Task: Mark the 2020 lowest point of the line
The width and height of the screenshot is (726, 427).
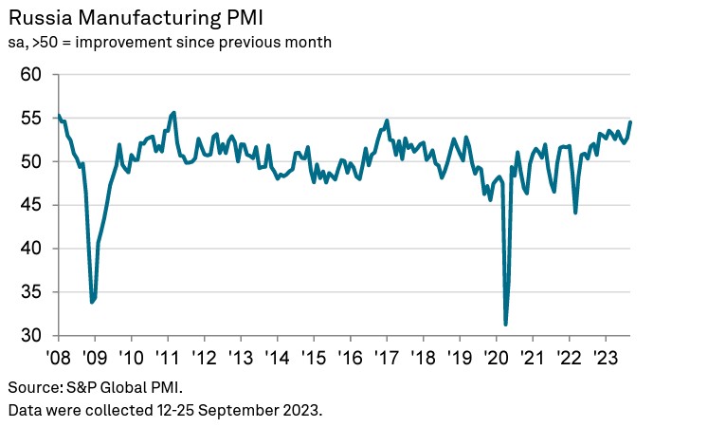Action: tap(505, 325)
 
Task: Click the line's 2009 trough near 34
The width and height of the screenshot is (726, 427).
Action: tap(92, 302)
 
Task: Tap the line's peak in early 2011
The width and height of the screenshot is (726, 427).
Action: tap(173, 113)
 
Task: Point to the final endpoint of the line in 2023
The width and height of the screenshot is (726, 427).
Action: tap(631, 121)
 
